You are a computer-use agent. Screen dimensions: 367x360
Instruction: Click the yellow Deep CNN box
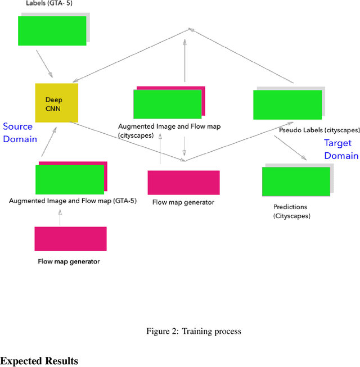pos(56,102)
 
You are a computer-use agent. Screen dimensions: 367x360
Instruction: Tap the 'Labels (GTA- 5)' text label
pos(49,3)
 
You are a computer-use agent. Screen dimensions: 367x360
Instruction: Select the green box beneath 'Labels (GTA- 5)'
pos(52,30)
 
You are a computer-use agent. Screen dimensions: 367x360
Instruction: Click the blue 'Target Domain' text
pos(341,149)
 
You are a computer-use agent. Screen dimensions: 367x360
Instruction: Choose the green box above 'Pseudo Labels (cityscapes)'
pos(287,105)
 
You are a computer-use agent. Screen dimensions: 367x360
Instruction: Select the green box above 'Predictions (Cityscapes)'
pos(295,182)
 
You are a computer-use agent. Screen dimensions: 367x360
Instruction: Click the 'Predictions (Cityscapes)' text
pos(291,211)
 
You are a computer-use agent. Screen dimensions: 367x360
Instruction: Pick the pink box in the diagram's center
pos(183,183)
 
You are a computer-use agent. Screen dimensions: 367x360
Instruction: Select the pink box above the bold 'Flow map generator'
pos(70,239)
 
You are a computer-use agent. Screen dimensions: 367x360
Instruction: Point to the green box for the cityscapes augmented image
pos(167,104)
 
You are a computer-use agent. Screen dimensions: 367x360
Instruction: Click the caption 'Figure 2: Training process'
pos(193,331)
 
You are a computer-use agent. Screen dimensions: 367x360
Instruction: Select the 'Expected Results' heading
pos(39,360)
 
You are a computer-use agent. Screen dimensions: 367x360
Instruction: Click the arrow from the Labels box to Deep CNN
pos(44,64)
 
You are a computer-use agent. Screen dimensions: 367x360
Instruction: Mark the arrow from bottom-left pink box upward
pos(60,216)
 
